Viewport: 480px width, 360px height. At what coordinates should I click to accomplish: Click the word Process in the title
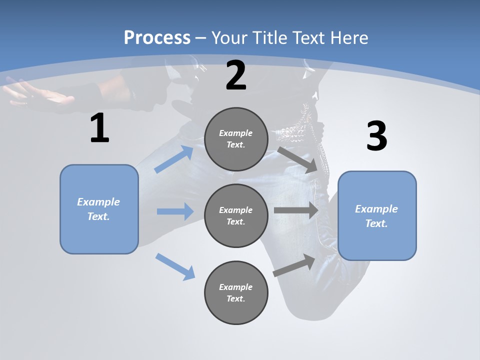(157, 37)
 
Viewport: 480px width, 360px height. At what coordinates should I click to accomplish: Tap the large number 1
(99, 128)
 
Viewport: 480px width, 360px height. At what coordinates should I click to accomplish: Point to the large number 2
(236, 75)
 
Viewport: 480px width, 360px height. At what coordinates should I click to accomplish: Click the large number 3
(376, 136)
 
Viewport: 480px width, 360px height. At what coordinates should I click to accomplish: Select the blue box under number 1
(99, 209)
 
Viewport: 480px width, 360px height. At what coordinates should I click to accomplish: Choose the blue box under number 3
(377, 215)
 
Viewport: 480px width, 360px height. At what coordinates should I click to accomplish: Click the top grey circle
(236, 139)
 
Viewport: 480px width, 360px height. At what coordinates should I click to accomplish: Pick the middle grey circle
(236, 215)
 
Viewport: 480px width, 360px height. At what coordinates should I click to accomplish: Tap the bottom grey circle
(236, 292)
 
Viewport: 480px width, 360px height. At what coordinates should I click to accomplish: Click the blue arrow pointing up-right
(174, 159)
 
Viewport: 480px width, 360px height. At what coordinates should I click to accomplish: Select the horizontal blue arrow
(175, 211)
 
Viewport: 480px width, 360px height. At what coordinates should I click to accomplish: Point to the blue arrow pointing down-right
(175, 266)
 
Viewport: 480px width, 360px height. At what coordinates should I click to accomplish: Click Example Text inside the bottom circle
(236, 292)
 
